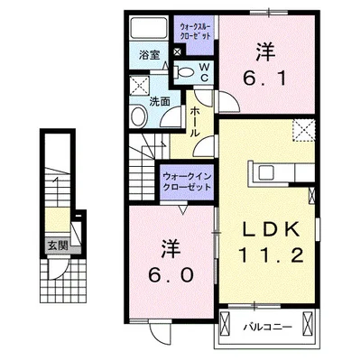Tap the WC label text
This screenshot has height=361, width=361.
point(204,71)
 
